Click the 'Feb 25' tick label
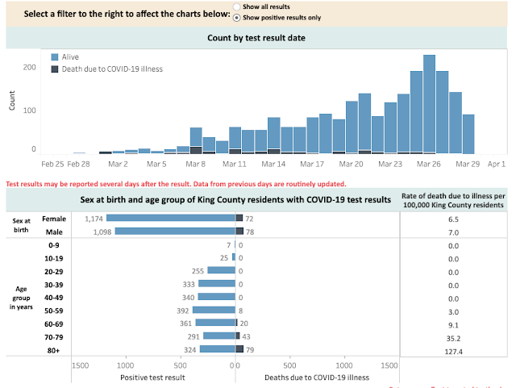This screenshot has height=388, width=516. (x=52, y=164)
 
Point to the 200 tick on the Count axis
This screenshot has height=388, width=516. (x=29, y=66)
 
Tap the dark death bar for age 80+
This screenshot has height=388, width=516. (x=240, y=349)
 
